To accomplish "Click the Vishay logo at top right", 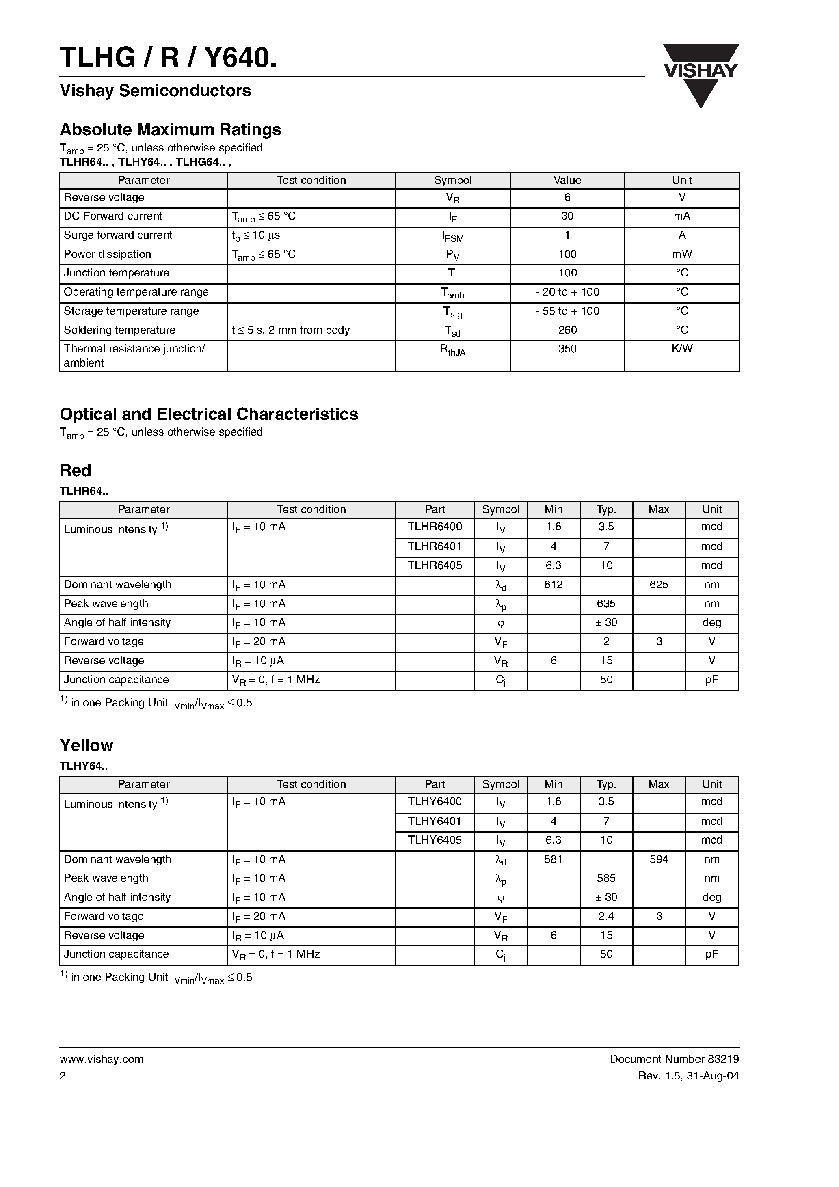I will pyautogui.click(x=701, y=75).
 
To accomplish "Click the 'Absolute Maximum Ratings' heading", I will pyautogui.click(x=170, y=129).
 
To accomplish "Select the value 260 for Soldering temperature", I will pyautogui.click(x=567, y=330).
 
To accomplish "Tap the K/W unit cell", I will pyautogui.click(x=681, y=349).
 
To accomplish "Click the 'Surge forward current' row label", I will pyautogui.click(x=118, y=235).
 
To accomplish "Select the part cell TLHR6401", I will pyautogui.click(x=435, y=546).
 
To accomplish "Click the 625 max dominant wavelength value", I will pyautogui.click(x=658, y=585).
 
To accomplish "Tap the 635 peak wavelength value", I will pyautogui.click(x=606, y=604).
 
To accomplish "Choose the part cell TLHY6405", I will pyautogui.click(x=435, y=840).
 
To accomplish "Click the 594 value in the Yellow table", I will pyautogui.click(x=658, y=859).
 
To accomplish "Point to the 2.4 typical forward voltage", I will pyautogui.click(x=606, y=916).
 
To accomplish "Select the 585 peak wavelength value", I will pyautogui.click(x=606, y=878).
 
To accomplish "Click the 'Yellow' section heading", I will pyautogui.click(x=86, y=745).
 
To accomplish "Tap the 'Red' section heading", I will pyautogui.click(x=76, y=470).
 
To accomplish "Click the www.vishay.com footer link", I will pyautogui.click(x=102, y=1059).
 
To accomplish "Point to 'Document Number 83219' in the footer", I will pyautogui.click(x=674, y=1059).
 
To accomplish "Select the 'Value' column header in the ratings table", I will pyautogui.click(x=567, y=180).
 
